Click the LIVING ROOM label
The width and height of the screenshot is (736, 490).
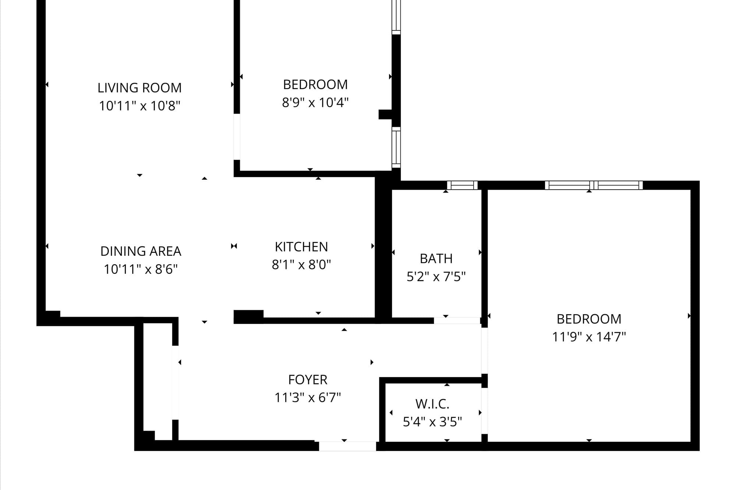[139, 88]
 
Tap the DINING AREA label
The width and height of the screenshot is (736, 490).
[141, 251]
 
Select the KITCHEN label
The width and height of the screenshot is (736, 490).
[301, 247]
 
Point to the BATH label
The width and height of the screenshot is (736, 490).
[436, 259]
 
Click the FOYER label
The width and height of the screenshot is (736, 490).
[308, 380]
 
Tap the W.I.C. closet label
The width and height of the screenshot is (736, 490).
[432, 404]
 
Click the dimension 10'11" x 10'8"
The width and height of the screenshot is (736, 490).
[139, 106]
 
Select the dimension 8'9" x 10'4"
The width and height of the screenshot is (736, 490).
[315, 103]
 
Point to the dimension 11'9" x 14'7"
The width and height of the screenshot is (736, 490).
[589, 337]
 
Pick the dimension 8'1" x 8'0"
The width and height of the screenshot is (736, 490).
[301, 265]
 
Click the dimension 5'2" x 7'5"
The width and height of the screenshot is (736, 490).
[436, 276]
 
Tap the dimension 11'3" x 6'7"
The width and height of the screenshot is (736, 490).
[308, 398]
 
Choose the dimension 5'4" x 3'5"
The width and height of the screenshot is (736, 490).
[432, 422]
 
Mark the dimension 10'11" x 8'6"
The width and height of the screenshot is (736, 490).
[141, 269]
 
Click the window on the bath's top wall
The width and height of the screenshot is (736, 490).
[462, 185]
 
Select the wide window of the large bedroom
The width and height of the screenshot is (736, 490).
[594, 185]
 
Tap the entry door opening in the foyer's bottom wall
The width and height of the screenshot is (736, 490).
[347, 446]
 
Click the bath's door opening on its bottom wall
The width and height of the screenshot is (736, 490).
[457, 321]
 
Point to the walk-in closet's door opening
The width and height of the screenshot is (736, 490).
[485, 411]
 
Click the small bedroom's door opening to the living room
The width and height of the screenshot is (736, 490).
[237, 137]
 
